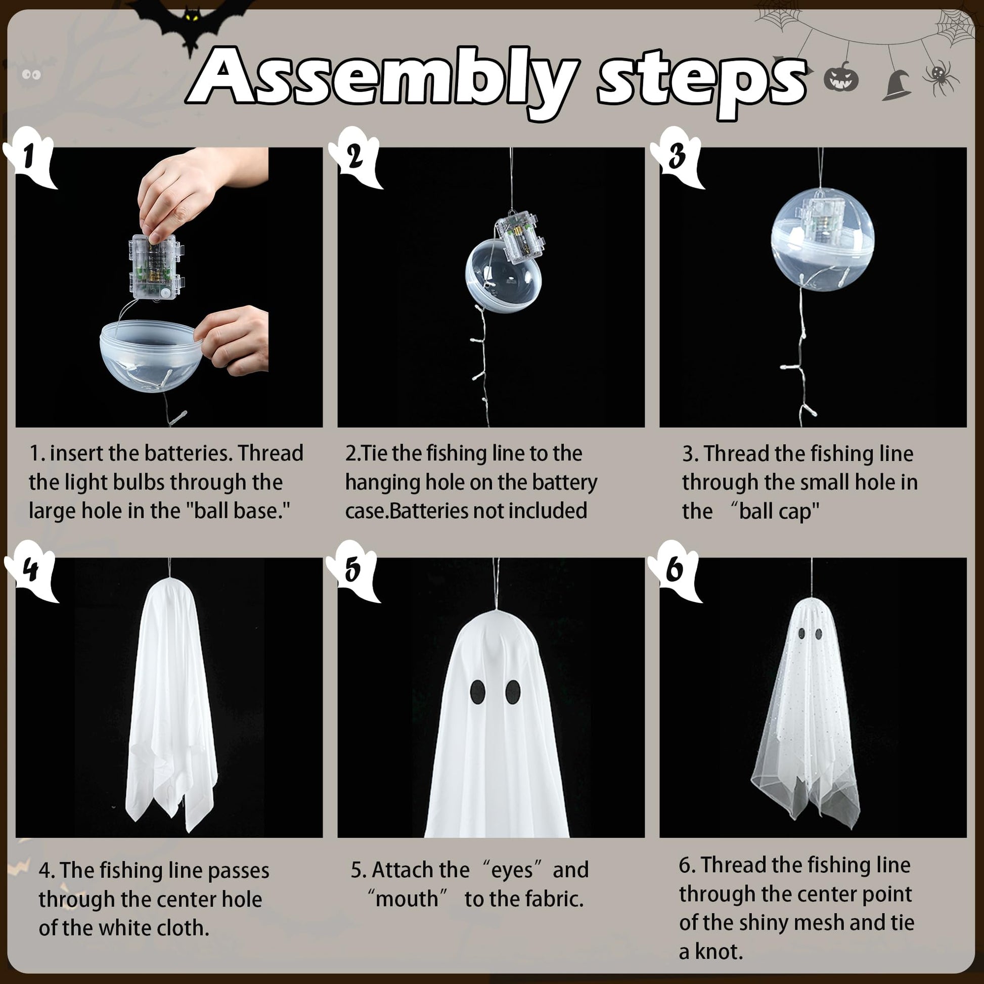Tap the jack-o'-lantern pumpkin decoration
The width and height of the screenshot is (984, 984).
[841, 76]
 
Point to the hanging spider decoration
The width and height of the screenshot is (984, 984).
[941, 76]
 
